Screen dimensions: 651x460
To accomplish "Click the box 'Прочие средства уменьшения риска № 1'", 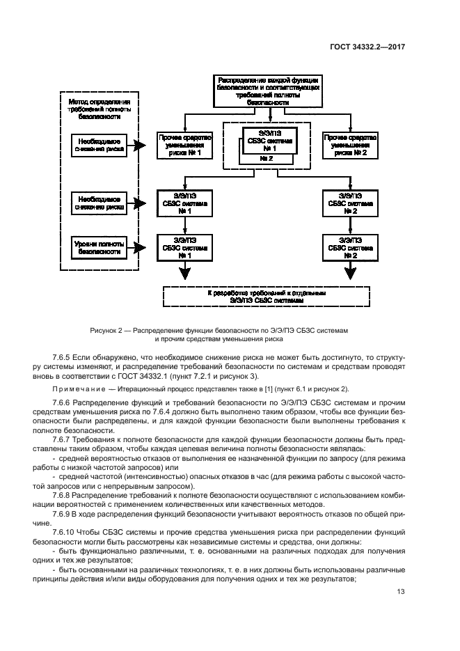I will [184, 146].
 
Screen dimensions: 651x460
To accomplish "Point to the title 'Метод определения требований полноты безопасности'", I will [98, 109].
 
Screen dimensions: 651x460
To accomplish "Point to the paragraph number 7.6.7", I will [64, 439].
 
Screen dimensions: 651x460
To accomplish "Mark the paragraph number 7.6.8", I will [64, 494].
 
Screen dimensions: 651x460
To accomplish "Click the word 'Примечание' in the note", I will [72, 389].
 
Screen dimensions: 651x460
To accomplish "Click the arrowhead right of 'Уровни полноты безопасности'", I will [141, 246].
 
